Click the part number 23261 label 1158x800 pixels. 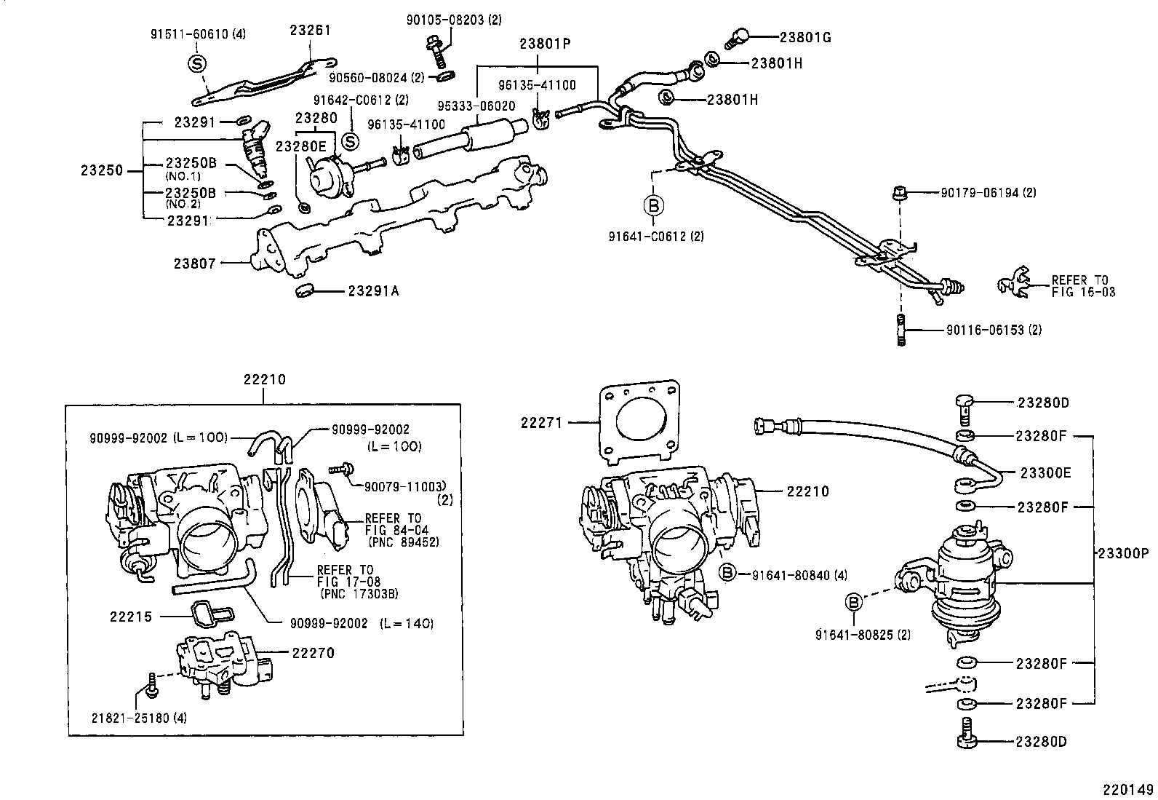[310, 31]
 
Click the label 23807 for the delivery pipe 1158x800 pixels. [194, 264]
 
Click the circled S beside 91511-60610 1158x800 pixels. [197, 64]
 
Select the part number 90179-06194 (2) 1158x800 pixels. [988, 193]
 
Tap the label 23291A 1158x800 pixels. [372, 291]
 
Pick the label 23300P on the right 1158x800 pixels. [1122, 553]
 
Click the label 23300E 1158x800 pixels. [1045, 472]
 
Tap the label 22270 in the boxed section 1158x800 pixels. [313, 653]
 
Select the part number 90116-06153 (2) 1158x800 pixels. [994, 330]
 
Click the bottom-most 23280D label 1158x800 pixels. [1042, 742]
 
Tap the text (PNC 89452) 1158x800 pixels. [404, 542]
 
